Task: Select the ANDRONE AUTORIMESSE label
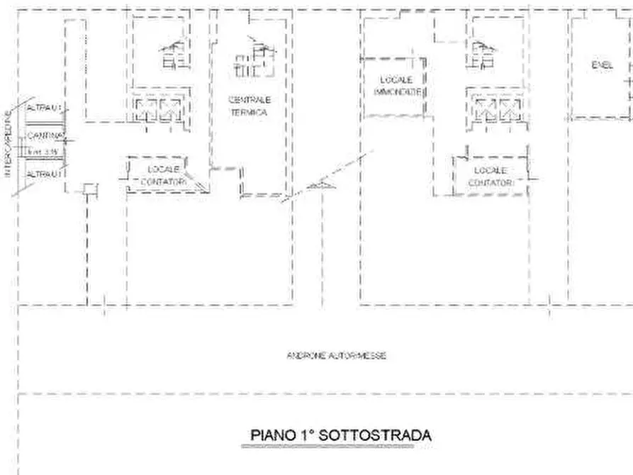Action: click(337, 356)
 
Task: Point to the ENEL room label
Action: click(601, 65)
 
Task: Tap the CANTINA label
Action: click(45, 135)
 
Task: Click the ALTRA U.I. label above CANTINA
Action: click(45, 108)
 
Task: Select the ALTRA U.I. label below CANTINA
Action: click(45, 173)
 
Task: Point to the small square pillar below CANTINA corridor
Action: click(89, 189)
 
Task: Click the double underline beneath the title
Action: click(337, 447)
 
